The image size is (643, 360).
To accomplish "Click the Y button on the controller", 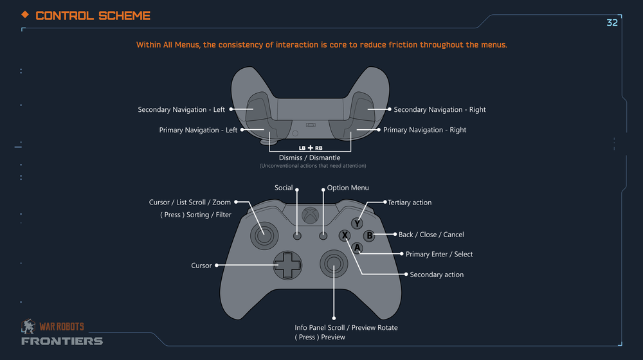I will click(x=357, y=224).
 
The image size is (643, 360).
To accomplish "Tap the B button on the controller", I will click(x=369, y=235).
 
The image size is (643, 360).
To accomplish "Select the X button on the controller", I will click(x=345, y=236).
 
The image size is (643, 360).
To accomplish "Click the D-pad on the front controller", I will click(x=287, y=265).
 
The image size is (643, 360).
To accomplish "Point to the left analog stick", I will click(x=263, y=236).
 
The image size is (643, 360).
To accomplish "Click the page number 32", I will click(x=612, y=22).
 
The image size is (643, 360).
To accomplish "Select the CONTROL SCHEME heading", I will click(x=93, y=15).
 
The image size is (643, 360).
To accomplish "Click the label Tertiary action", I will click(x=410, y=203).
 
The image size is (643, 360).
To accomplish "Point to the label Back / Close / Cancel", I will click(x=431, y=235).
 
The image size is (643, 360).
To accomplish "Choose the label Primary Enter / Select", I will click(x=439, y=254).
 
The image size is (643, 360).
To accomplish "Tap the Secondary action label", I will click(x=437, y=274).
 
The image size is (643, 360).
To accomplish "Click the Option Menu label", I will click(x=348, y=188).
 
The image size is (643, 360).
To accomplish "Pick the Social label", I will click(x=284, y=188).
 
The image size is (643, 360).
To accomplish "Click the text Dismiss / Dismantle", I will click(x=309, y=157).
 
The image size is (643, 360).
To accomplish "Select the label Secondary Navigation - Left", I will click(x=181, y=110).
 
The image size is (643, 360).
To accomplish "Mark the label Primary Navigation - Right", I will click(x=424, y=130).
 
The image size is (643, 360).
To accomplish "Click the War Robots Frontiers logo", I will click(x=61, y=333).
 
